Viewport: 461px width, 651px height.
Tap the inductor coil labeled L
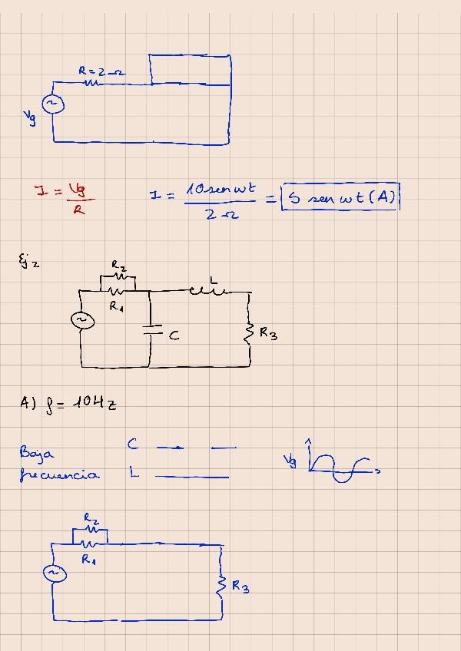(x=207, y=289)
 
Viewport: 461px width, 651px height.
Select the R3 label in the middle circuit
(x=269, y=333)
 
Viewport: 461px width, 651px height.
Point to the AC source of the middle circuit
(x=82, y=322)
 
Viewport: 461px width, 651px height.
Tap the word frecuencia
(x=59, y=475)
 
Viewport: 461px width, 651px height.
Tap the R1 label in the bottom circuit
(x=88, y=559)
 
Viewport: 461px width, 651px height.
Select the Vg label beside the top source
(x=30, y=117)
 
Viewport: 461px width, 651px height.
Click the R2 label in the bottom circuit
(x=91, y=519)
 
